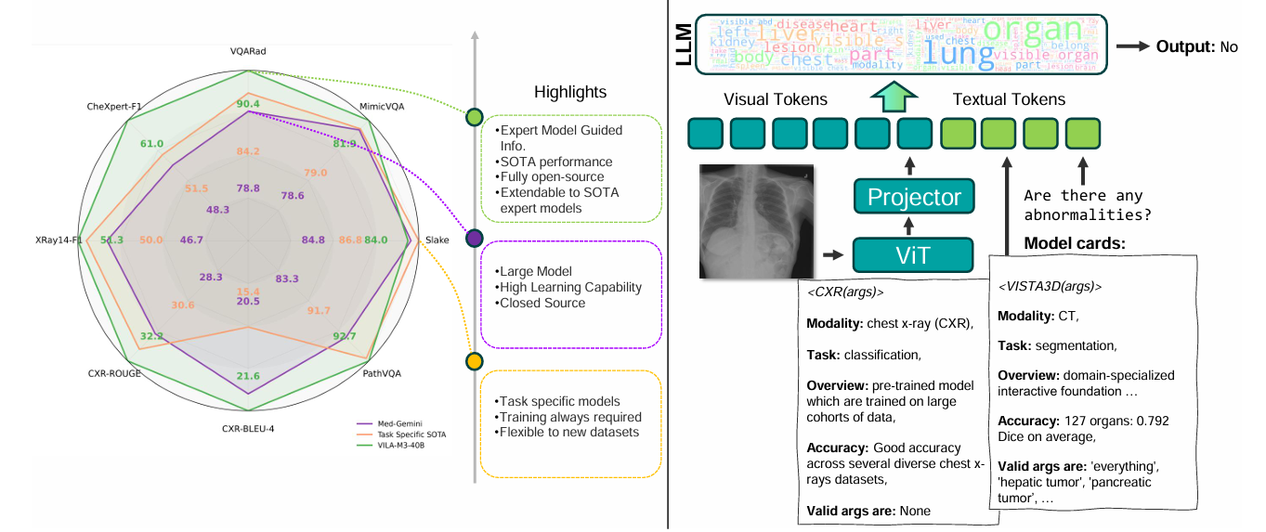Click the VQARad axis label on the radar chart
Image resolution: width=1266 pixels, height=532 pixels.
pyautogui.click(x=248, y=52)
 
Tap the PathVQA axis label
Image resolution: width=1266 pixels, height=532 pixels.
pyautogui.click(x=382, y=375)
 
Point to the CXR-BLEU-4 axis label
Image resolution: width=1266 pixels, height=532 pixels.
pyautogui.click(x=248, y=429)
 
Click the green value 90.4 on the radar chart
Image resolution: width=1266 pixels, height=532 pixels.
pyautogui.click(x=248, y=104)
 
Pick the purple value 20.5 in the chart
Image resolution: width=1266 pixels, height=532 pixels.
pyautogui.click(x=248, y=301)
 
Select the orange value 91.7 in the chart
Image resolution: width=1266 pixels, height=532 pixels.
pyautogui.click(x=319, y=310)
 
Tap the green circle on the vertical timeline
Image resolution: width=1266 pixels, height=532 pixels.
pyautogui.click(x=474, y=117)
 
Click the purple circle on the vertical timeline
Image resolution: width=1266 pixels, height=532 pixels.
pyautogui.click(x=474, y=239)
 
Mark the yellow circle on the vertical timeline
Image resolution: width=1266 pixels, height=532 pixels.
pyautogui.click(x=474, y=360)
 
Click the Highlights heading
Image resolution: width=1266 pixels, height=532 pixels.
pyautogui.click(x=569, y=92)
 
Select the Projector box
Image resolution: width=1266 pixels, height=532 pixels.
pyautogui.click(x=914, y=196)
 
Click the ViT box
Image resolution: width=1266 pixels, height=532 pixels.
pyautogui.click(x=913, y=253)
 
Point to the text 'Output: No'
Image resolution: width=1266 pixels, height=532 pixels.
pyautogui.click(x=1196, y=46)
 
